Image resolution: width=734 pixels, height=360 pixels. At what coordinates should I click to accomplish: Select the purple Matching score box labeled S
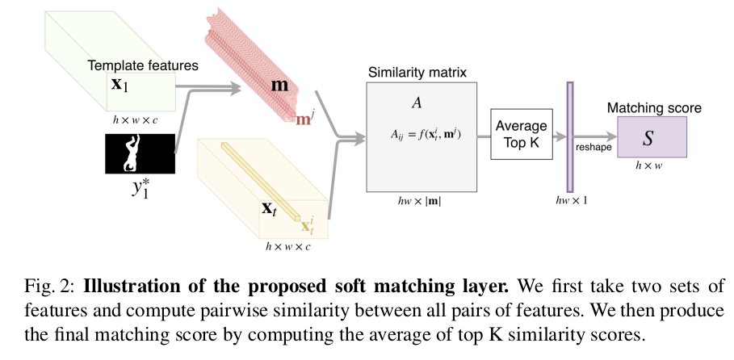click(x=652, y=136)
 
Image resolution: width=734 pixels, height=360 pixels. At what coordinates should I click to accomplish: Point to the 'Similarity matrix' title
click(x=417, y=72)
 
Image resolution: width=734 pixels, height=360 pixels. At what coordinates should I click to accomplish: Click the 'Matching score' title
click(x=653, y=107)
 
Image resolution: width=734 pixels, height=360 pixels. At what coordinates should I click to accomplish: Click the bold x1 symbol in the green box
click(x=122, y=84)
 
